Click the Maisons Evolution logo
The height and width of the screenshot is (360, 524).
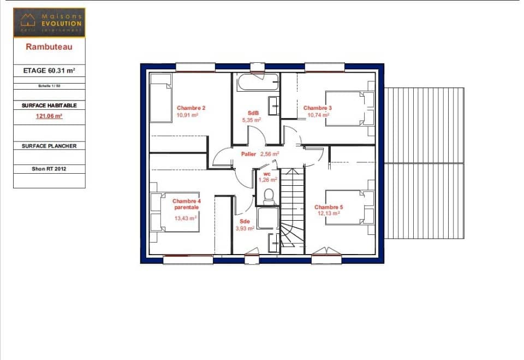pos(49,22)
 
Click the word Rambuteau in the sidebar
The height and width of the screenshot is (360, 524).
pos(49,47)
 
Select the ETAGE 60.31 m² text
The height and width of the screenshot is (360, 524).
pos(49,70)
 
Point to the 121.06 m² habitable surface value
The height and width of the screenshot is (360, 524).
pos(49,116)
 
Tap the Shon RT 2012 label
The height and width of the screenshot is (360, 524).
pos(49,169)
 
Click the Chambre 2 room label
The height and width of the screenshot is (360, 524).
pos(187,108)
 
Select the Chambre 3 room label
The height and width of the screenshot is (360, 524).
pos(317,108)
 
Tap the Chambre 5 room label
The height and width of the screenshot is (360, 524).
pos(329,207)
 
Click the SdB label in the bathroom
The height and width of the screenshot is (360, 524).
pos(252,113)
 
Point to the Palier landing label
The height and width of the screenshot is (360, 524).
pos(249,154)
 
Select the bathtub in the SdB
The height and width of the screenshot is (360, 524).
pos(258,82)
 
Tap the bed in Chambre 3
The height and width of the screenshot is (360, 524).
pos(348,109)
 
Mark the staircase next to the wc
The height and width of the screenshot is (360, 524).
pos(292,213)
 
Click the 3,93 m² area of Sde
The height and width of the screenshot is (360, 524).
pos(245,228)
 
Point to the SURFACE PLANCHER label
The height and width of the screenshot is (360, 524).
pos(49,146)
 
